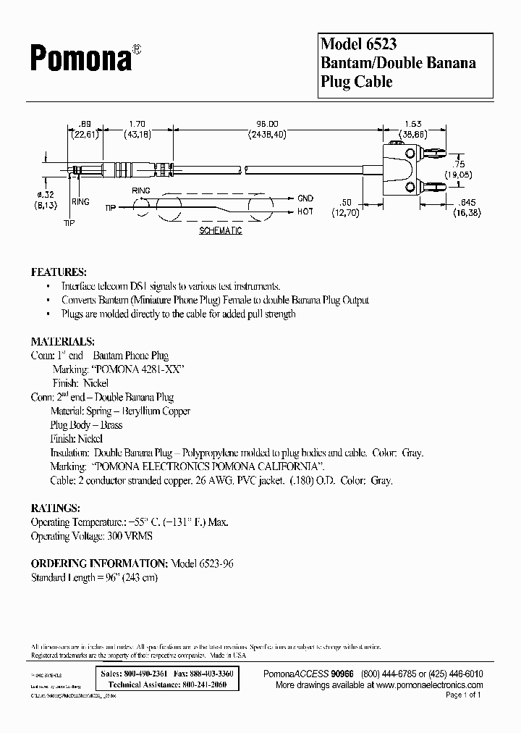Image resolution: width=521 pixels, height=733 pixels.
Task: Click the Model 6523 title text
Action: coord(358,45)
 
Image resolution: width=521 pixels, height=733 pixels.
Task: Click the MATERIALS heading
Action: coord(62,340)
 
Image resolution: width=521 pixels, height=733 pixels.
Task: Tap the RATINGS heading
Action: coord(56,508)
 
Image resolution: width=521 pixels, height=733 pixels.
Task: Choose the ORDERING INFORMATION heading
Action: coord(98,564)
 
